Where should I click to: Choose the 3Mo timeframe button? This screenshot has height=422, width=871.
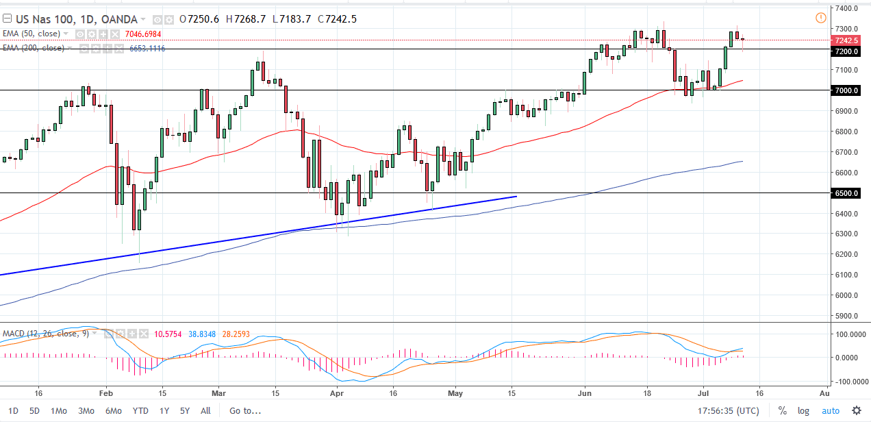86,411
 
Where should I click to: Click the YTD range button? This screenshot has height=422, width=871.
140,411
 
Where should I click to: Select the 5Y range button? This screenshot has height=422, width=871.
184,411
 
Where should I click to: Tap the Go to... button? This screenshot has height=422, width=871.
245,411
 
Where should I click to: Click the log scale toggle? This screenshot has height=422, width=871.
803,411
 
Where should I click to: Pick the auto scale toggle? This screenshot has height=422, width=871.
830,411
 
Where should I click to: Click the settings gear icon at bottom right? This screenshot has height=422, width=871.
856,411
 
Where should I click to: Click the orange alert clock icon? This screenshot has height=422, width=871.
821,18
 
